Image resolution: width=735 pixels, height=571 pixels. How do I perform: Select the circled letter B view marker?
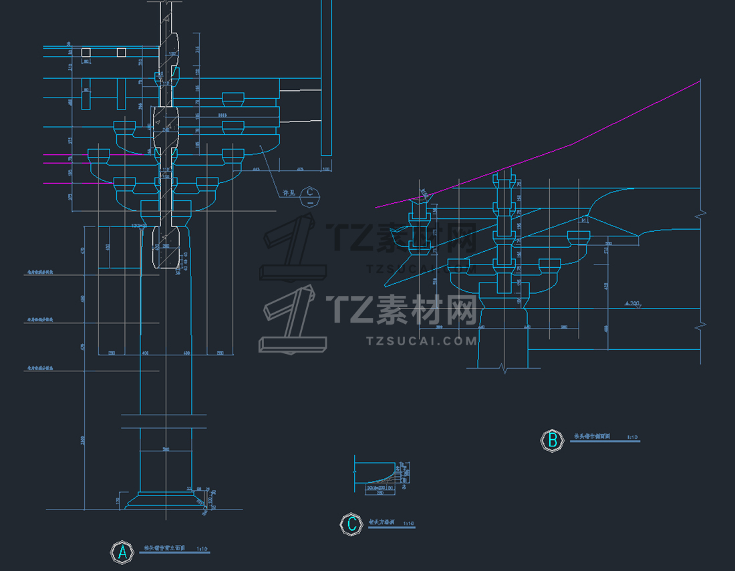pyautogui.click(x=552, y=440)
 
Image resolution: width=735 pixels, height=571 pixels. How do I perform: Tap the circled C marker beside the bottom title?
pyautogui.click(x=351, y=524)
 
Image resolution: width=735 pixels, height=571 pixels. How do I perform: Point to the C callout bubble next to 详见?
pyautogui.click(x=309, y=194)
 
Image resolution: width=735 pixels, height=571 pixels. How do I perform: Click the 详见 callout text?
pyautogui.click(x=289, y=194)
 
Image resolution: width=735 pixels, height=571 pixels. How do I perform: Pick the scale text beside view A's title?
pyautogui.click(x=202, y=549)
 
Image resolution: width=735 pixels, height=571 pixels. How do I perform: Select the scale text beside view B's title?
pyautogui.click(x=633, y=437)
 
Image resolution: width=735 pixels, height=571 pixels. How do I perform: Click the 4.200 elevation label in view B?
pyautogui.click(x=631, y=304)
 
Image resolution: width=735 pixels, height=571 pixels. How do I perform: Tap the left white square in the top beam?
pyautogui.click(x=86, y=52)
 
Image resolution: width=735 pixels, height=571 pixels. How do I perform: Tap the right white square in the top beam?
pyautogui.click(x=121, y=52)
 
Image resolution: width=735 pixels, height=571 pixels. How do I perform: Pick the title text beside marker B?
pyautogui.click(x=592, y=437)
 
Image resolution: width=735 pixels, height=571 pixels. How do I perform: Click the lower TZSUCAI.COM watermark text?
pyautogui.click(x=422, y=341)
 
